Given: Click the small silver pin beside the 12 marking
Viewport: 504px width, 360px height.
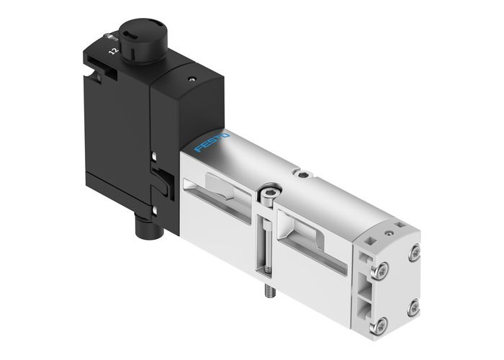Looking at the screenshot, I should click(x=109, y=37).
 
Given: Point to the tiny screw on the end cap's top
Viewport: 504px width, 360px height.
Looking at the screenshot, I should click(x=390, y=233).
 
